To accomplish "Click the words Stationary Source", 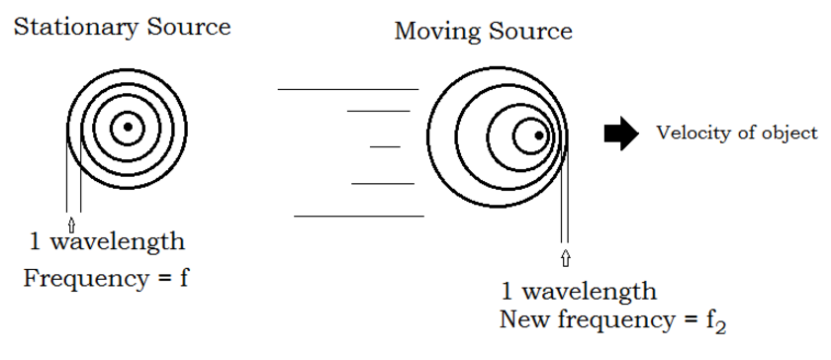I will [121, 27].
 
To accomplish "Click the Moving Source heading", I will [483, 31].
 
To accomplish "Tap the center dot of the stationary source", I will [127, 127].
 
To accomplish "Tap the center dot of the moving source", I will [538, 135].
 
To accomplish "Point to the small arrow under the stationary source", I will [72, 222].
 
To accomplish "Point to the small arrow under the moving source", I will [565, 259].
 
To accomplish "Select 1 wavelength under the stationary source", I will [107, 242].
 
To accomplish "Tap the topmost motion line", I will [348, 89].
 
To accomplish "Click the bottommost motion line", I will [358, 215].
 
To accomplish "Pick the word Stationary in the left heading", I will [72, 27].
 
